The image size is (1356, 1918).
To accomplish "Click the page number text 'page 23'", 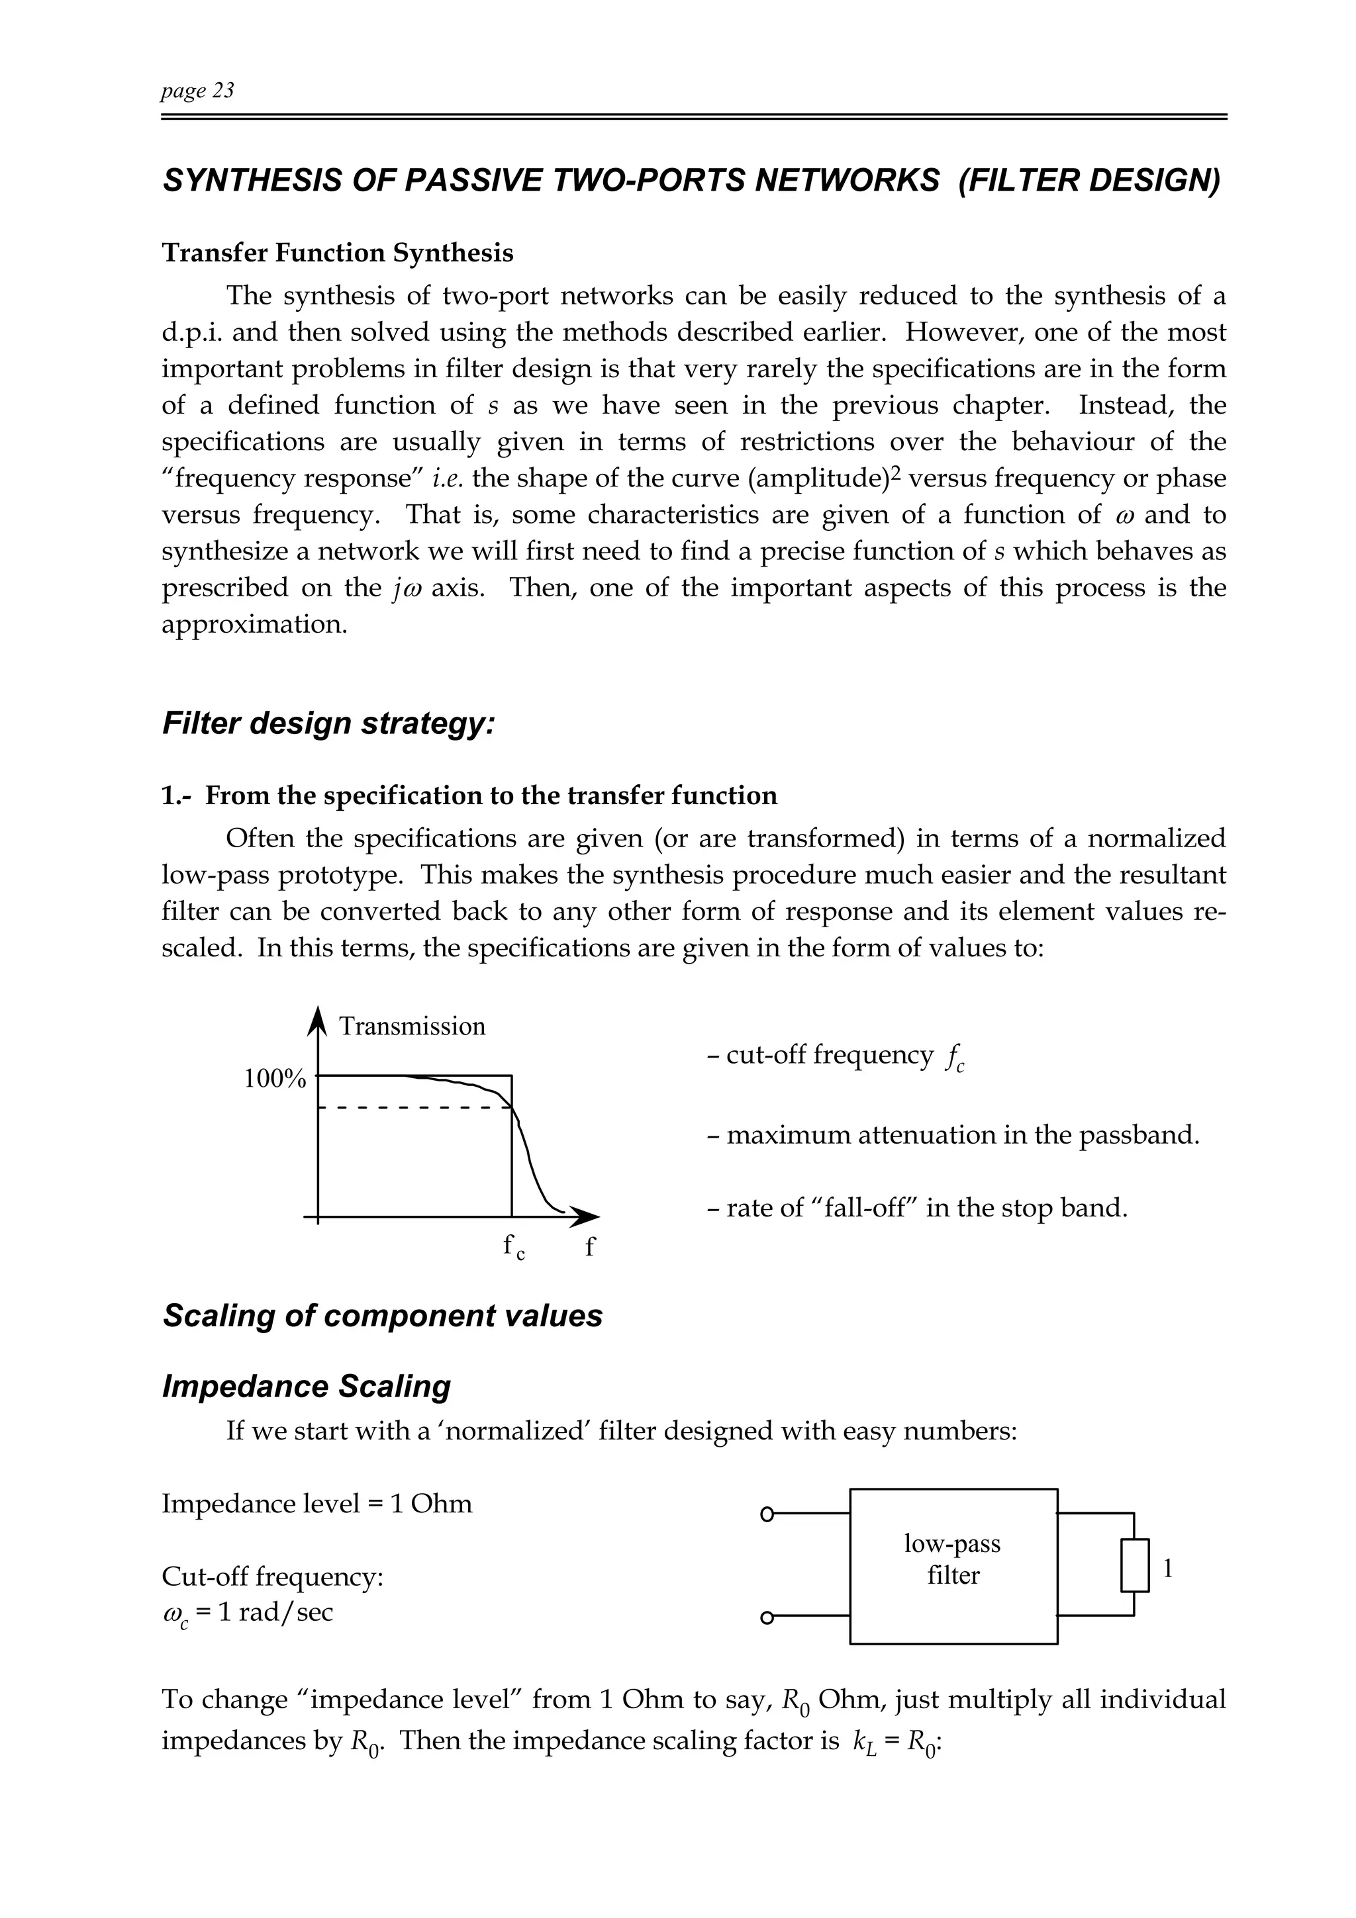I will pyautogui.click(x=197, y=90).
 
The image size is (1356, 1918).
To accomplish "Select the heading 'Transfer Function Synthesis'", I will pyautogui.click(x=337, y=252).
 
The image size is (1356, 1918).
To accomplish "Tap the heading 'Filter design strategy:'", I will pyautogui.click(x=328, y=723).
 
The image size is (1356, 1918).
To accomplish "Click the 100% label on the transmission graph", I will pyautogui.click(x=274, y=1079).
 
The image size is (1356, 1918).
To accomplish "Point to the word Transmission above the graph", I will pyautogui.click(x=412, y=1026).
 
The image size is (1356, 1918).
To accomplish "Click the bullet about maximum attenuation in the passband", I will pyautogui.click(x=953, y=1135).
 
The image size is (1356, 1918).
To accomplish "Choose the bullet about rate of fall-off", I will pyautogui.click(x=916, y=1208).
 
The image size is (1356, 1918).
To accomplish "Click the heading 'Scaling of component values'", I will pyautogui.click(x=382, y=1316).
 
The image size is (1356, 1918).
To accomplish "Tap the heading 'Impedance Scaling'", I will pyautogui.click(x=306, y=1386).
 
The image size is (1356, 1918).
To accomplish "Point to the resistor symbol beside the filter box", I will pyautogui.click(x=1135, y=1565).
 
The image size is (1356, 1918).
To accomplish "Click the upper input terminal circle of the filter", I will pyautogui.click(x=767, y=1513).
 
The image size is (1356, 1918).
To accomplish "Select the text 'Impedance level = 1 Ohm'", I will pyautogui.click(x=316, y=1504).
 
